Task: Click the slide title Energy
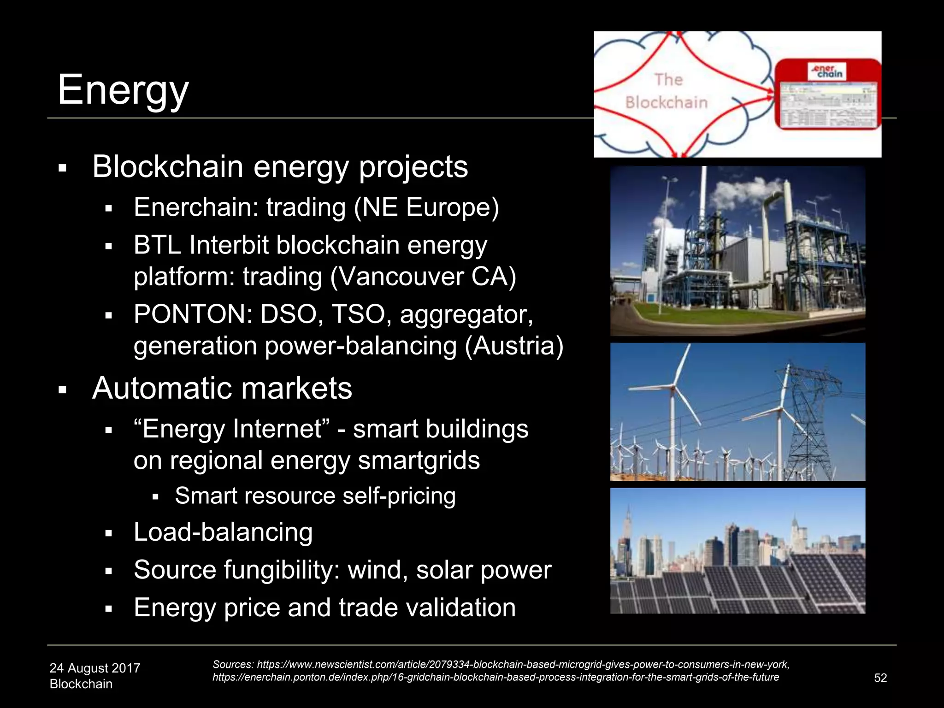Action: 123,90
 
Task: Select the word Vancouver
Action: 396,277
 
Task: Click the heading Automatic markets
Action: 222,388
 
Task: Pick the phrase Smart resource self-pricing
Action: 315,496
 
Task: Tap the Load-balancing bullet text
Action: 223,532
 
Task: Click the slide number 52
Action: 880,678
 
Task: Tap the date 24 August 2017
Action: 94,668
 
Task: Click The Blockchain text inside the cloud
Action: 667,91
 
